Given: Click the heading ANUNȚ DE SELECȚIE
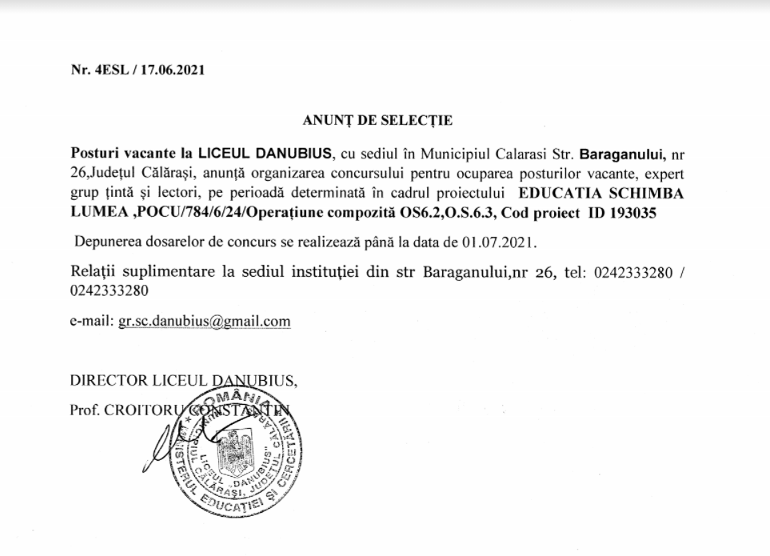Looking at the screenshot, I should (377, 121).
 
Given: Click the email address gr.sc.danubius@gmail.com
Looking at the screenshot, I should (204, 322).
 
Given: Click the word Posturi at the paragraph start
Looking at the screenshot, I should (92, 152).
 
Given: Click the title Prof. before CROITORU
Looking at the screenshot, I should (85, 410).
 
